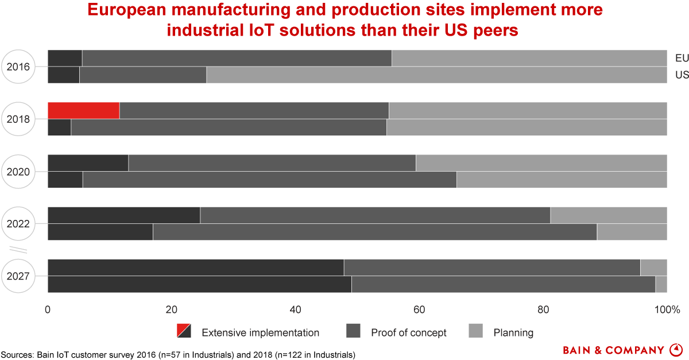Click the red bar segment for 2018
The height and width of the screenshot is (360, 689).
[83, 110]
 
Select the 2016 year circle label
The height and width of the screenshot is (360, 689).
[18, 67]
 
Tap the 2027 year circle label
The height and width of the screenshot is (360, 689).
[18, 276]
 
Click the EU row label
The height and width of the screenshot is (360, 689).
[682, 58]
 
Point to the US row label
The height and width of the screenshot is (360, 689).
[682, 75]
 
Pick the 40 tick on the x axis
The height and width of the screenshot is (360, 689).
[295, 310]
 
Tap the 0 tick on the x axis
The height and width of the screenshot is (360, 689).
[48, 310]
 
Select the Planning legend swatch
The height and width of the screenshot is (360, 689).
[476, 331]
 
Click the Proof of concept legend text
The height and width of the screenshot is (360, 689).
[408, 332]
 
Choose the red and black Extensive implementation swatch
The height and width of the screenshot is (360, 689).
[184, 331]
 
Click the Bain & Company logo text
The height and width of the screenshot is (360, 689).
[614, 350]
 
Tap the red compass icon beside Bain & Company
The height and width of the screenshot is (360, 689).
[676, 349]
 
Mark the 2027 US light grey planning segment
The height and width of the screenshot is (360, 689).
[661, 284]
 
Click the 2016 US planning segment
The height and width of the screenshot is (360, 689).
[436, 75]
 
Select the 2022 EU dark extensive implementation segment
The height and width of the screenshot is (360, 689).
[123, 215]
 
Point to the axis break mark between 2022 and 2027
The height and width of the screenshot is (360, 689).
[18, 250]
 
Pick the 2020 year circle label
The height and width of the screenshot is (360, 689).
[18, 171]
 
